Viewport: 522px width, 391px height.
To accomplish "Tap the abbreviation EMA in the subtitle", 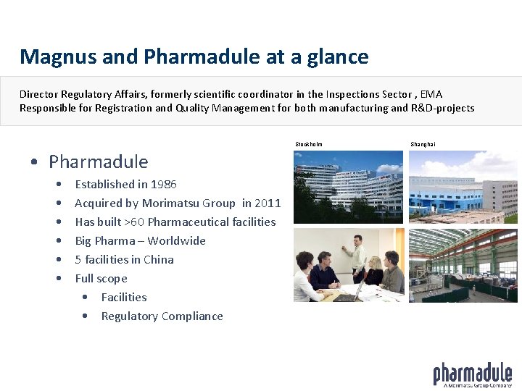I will [x=431, y=94].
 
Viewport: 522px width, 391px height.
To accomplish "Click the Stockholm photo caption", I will [x=309, y=144].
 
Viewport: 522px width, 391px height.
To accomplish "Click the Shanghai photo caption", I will [x=423, y=144].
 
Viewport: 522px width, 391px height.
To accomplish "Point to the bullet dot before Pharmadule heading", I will [x=35, y=162].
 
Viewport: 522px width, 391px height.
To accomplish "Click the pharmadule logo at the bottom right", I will [x=472, y=374].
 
